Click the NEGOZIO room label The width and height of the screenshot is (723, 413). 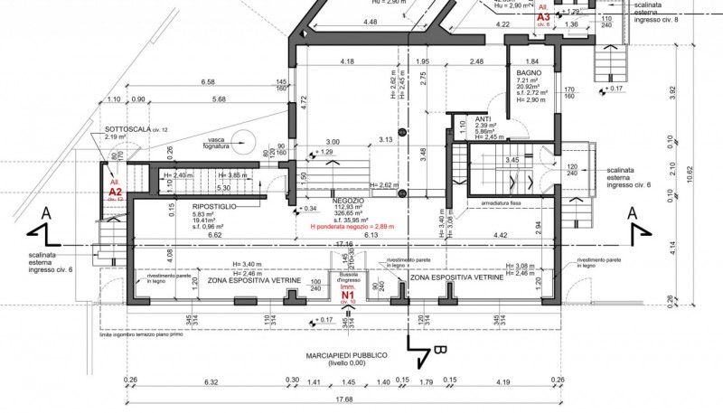tap(348, 200)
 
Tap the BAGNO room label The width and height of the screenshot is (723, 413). tap(529, 73)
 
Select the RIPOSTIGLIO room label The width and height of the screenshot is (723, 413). tap(215, 207)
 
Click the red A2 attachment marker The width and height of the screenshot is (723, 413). tap(116, 192)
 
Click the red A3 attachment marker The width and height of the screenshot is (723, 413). tap(543, 16)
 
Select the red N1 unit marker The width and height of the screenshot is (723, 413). tap(348, 294)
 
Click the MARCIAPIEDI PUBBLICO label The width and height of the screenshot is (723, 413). tap(347, 355)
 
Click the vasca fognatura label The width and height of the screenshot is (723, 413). tap(216, 141)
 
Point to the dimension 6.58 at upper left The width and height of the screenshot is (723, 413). tap(207, 82)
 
